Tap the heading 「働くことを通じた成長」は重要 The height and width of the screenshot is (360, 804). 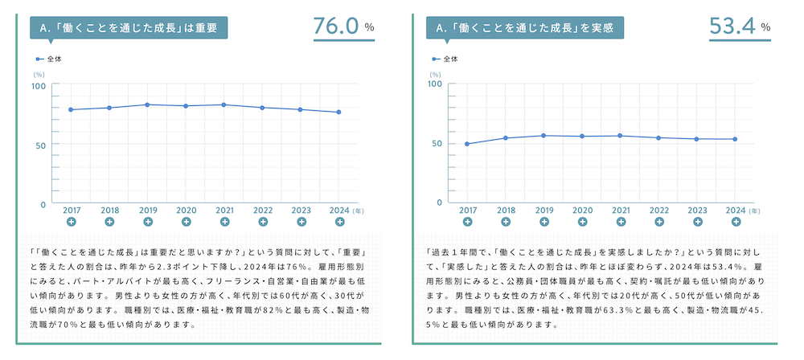coord(129,28)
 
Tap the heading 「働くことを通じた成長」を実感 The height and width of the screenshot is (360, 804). coord(524,28)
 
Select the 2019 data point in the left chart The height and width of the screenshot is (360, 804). coord(147,104)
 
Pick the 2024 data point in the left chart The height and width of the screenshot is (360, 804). coord(338,112)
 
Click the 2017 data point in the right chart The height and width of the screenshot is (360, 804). coord(467,144)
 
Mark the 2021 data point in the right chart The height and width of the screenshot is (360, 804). coord(620,136)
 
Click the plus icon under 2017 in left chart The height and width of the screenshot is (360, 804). coord(71,222)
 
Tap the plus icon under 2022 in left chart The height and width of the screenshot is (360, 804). coord(262,222)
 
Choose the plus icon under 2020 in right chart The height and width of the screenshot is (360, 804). coord(582,221)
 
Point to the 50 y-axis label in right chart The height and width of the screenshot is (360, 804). coord(435,143)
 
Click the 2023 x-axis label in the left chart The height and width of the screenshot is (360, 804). coord(301,210)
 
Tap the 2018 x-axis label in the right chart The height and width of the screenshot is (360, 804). coord(506,209)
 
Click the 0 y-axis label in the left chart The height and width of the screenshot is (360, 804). coord(43,204)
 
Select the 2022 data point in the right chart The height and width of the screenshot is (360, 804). coord(658,137)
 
